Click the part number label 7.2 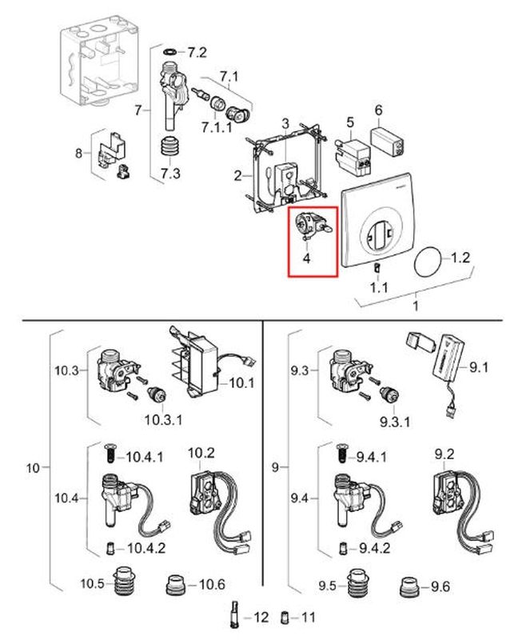tap(197, 54)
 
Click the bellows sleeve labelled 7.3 tap(169, 149)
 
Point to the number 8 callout tap(78, 153)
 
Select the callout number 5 tap(349, 122)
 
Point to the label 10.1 tap(241, 382)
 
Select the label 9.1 tap(479, 367)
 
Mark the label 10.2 tap(201, 454)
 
